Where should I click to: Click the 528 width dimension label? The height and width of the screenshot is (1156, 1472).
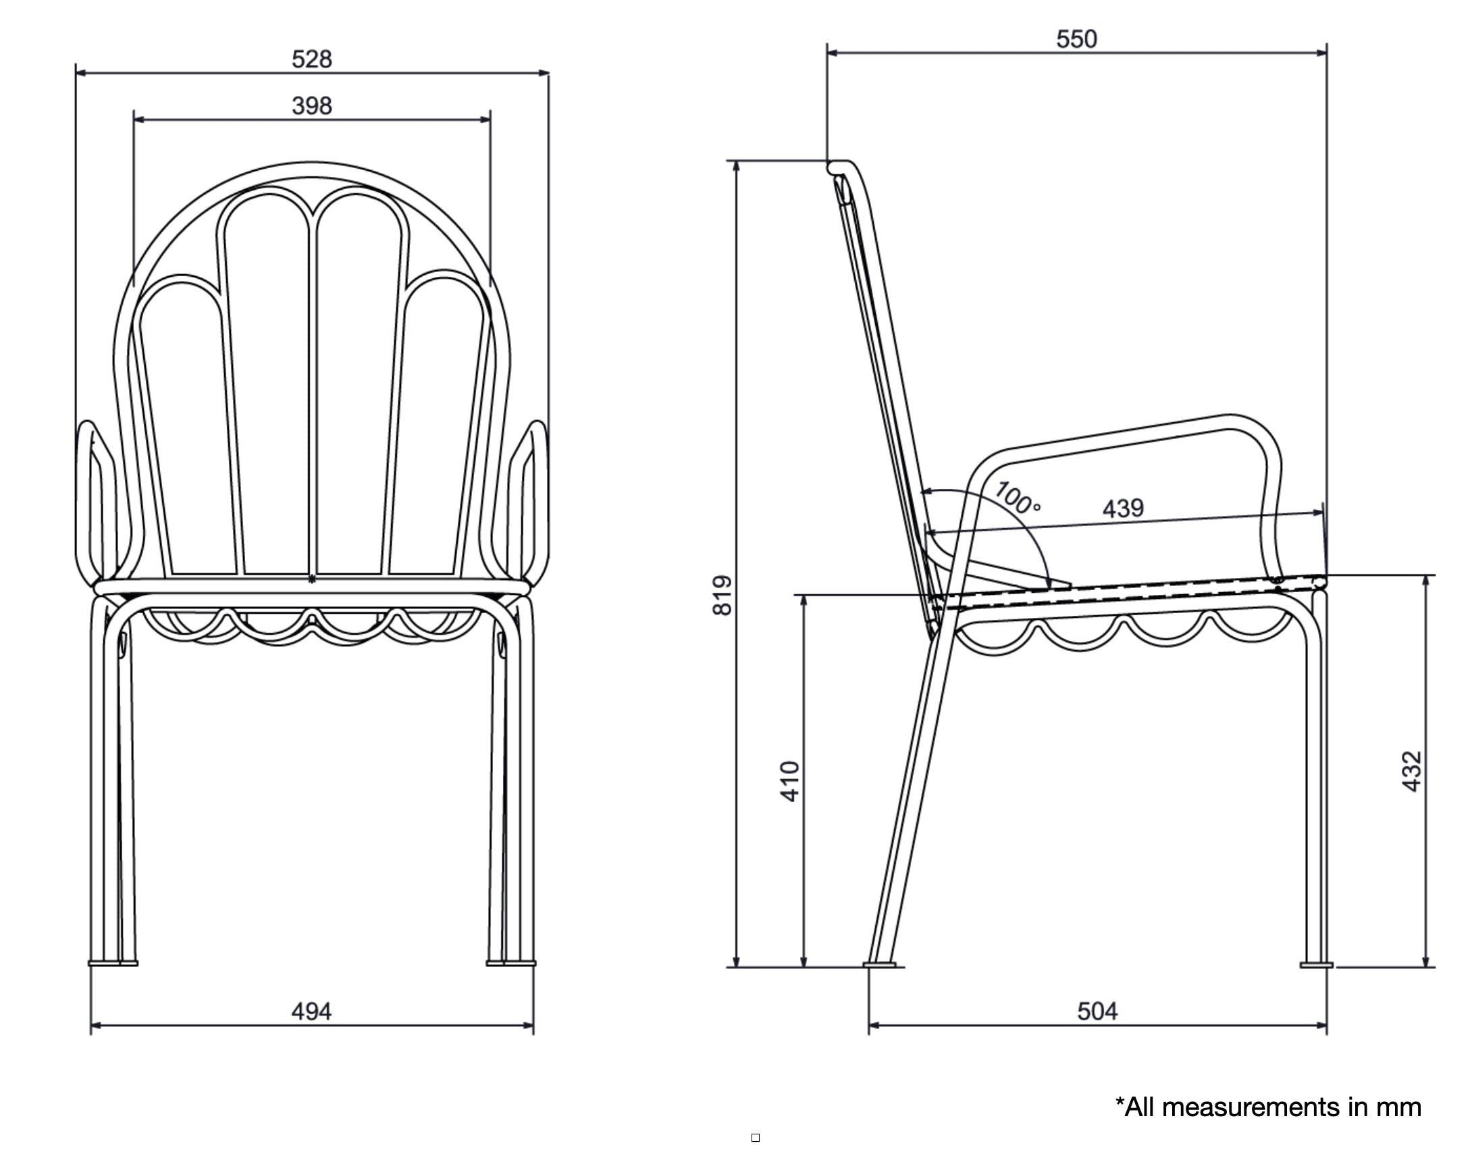coord(312,59)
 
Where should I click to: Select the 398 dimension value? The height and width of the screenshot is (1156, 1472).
coord(312,106)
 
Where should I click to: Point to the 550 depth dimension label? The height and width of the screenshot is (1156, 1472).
coord(1077,39)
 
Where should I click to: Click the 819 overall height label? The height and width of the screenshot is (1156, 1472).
coord(722,596)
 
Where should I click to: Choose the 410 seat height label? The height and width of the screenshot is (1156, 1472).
coord(790,782)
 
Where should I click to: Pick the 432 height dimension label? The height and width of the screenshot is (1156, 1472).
coord(1412,771)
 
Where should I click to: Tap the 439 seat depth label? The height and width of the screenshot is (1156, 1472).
coord(1124,508)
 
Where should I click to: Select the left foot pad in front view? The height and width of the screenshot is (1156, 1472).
coord(112,963)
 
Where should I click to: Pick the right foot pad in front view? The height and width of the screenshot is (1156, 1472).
coord(511,963)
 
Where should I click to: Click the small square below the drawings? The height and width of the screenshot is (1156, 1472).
coord(756,1138)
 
